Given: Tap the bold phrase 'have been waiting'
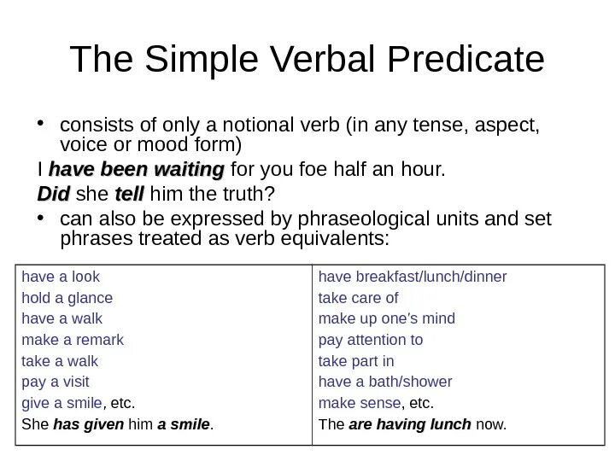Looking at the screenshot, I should point(137,169).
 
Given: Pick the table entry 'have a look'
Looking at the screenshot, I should point(61,277).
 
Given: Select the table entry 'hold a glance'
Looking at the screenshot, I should point(67,298).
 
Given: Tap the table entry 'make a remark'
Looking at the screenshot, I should point(73,340).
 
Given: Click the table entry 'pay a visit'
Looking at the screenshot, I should point(56,382).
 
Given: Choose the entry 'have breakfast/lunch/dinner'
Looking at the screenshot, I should point(413,277).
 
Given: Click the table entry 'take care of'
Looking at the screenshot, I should point(358,298).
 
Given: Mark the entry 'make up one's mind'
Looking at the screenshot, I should point(386,318).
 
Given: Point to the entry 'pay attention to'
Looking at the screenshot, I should point(371,340).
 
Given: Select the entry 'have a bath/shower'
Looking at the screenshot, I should point(385,382).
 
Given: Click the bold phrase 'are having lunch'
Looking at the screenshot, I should point(410,423).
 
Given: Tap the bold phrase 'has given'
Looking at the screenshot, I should point(88,423).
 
